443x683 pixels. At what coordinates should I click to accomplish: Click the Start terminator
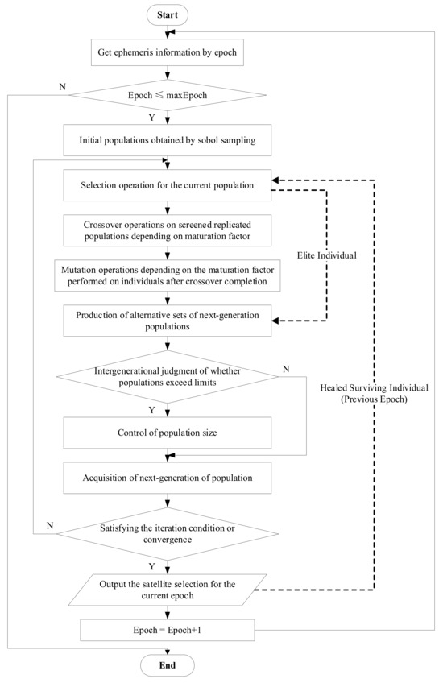point(166,14)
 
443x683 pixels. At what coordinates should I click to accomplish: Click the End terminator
point(166,667)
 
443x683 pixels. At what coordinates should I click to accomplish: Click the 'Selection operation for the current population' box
point(166,186)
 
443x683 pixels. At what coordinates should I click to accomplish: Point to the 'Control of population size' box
point(166,435)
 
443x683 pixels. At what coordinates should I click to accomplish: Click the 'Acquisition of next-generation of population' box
point(166,478)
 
